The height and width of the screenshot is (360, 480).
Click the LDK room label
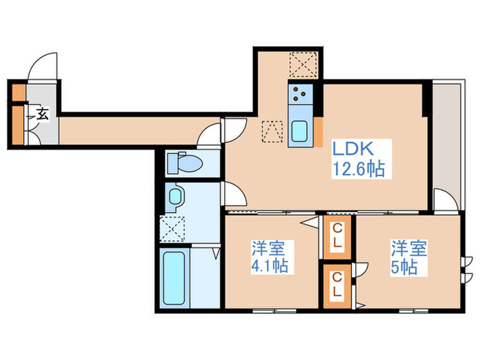point(352,147)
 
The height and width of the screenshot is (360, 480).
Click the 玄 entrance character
point(42,115)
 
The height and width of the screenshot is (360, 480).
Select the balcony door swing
point(444,202)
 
